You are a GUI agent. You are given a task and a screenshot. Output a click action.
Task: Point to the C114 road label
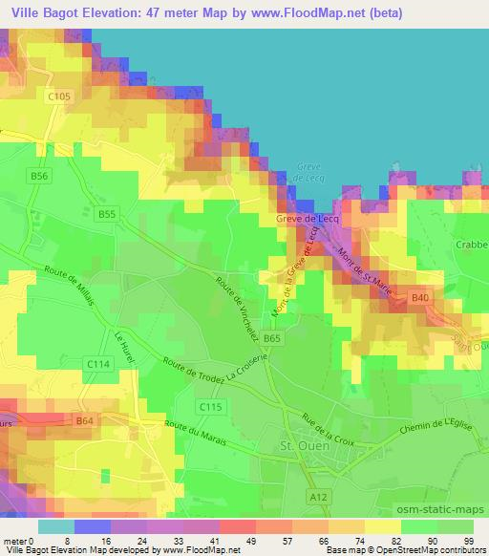[96, 364]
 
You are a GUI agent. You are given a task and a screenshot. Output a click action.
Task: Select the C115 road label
[211, 408]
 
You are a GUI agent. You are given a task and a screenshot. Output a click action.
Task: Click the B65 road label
[273, 338]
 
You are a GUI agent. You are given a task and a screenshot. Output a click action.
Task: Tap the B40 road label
[420, 299]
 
